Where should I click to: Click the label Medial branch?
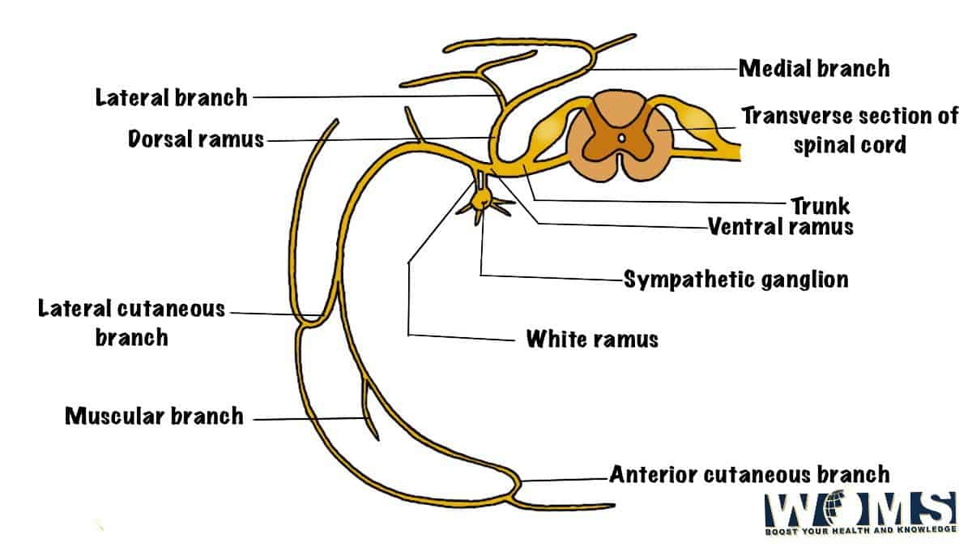click(x=813, y=68)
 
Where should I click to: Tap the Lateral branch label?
click(x=171, y=98)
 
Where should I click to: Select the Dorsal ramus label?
click(x=196, y=139)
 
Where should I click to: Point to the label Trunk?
click(x=821, y=206)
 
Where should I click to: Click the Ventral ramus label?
click(x=780, y=226)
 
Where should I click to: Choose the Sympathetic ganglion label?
click(x=735, y=280)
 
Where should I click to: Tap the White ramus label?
click(x=592, y=338)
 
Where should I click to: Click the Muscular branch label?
click(x=154, y=417)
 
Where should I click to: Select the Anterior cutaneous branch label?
click(x=749, y=473)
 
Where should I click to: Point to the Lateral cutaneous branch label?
click(x=132, y=322)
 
